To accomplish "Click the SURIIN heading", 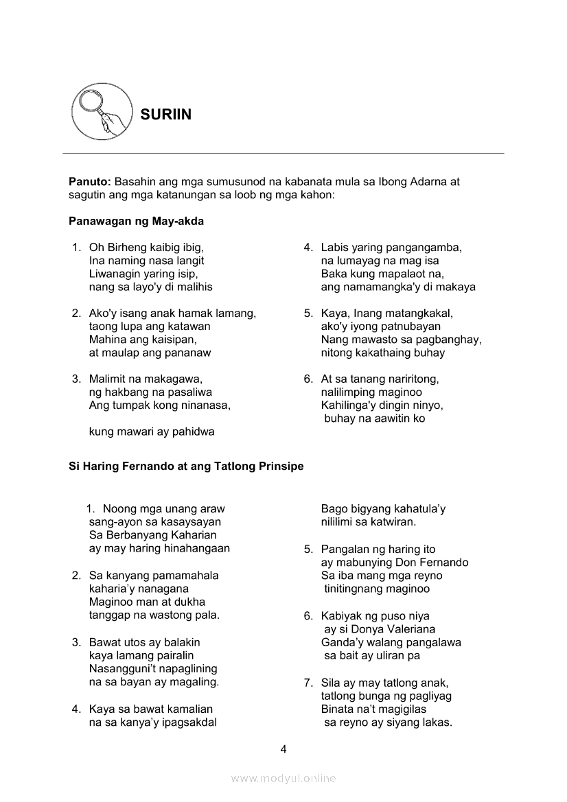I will (165, 115).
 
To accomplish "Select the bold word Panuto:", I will (90, 182).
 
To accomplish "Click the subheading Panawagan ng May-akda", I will (136, 222).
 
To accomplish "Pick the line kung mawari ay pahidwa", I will (152, 432).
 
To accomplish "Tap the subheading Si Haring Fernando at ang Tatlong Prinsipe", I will (186, 466).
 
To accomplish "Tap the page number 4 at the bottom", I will (283, 748).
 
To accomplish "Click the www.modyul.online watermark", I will (283, 778).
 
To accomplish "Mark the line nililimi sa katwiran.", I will (369, 522).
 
